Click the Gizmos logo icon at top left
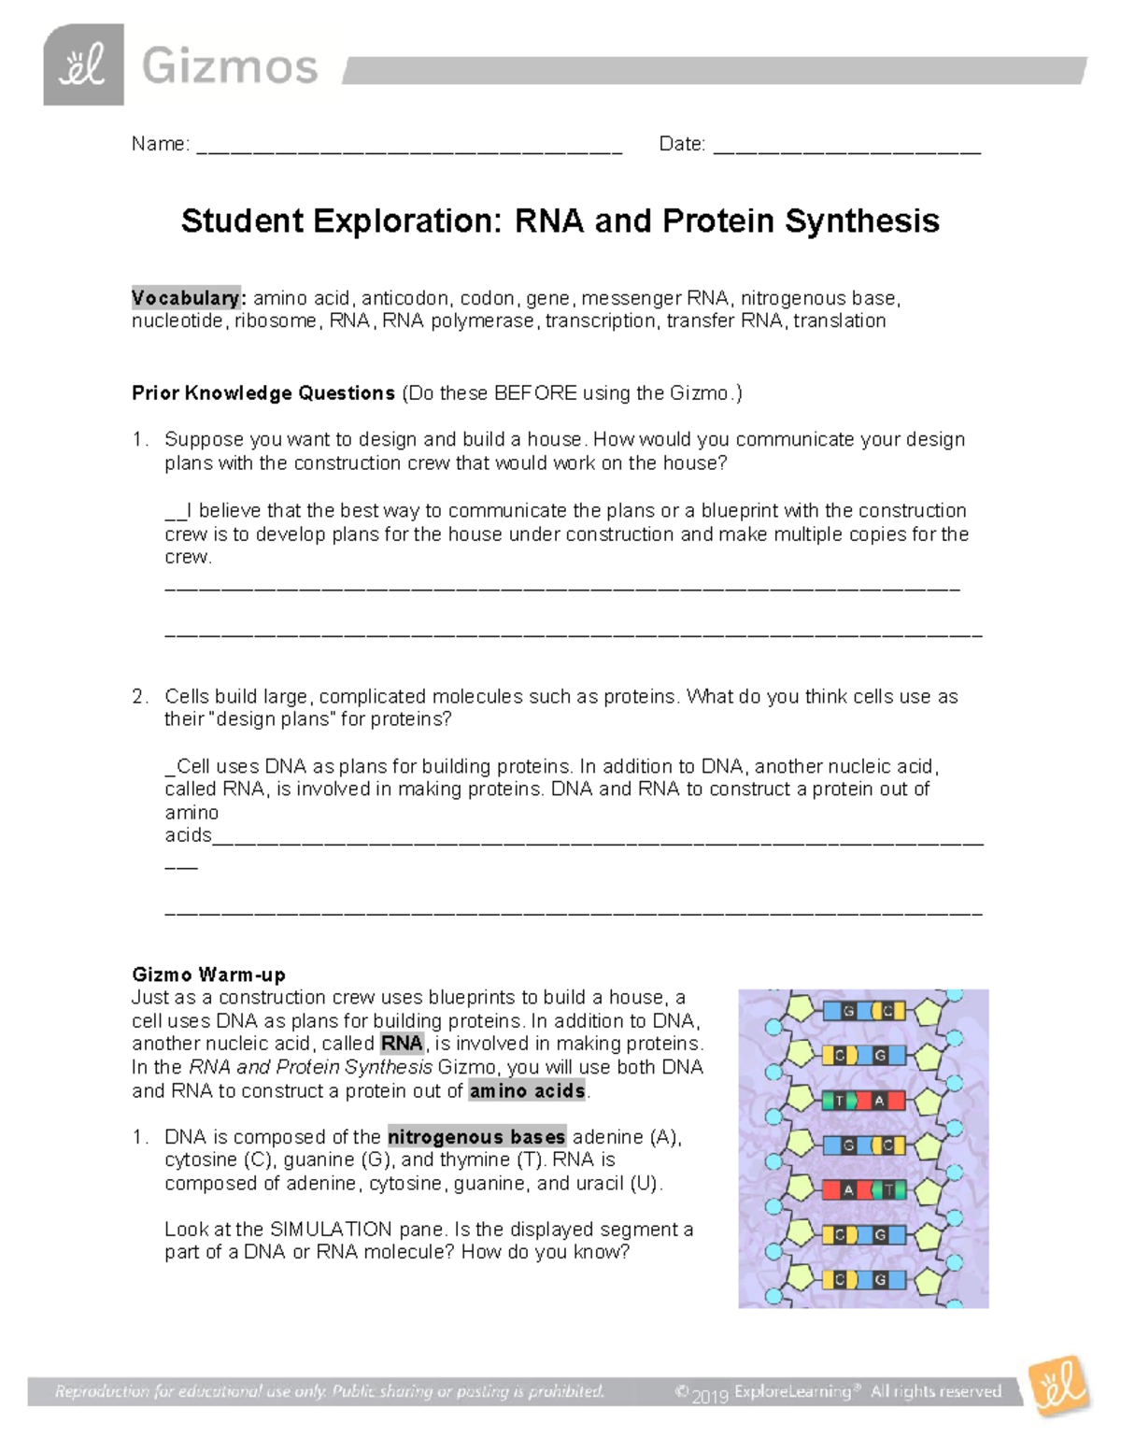coord(83,65)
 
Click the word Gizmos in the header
coord(230,67)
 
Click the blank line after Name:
coord(409,147)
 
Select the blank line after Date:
coord(846,147)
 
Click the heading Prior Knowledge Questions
coord(263,393)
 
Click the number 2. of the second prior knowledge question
coord(140,697)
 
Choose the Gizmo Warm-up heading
coord(208,974)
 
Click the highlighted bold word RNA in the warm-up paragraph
coord(402,1044)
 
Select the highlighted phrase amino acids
coord(527,1091)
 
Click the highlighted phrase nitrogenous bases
coord(476,1137)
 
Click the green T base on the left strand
coord(839,1101)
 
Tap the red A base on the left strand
coord(848,1190)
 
